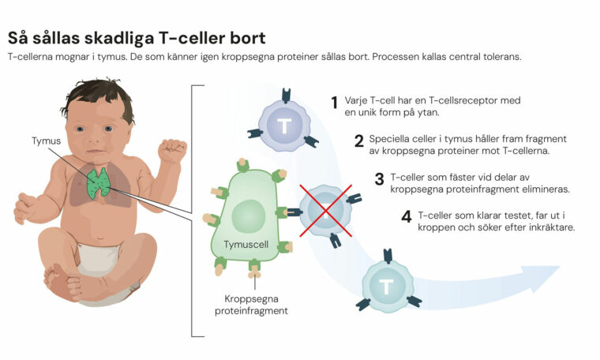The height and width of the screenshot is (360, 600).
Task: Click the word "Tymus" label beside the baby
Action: (46, 141)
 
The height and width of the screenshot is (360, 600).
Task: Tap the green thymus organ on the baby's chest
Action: (99, 182)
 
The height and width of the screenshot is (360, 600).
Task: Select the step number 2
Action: (358, 141)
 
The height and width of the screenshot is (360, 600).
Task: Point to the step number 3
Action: (379, 179)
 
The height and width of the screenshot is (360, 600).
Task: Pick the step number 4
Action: (406, 216)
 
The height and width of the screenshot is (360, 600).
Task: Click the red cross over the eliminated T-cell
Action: (325, 210)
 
